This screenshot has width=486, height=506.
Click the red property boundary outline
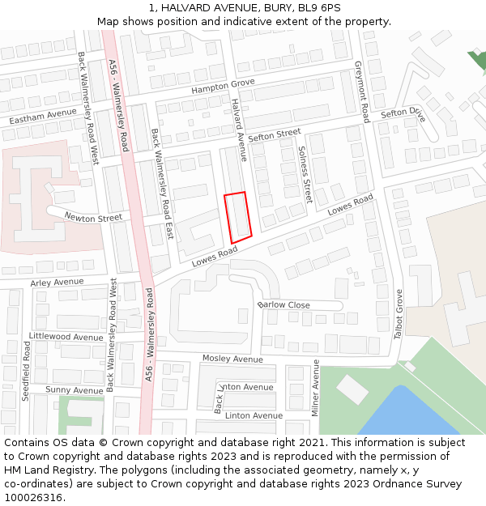pos(238,217)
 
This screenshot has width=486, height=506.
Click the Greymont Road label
pos(361,91)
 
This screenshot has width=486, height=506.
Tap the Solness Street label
pos(304,174)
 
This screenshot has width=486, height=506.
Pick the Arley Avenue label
pos(57,283)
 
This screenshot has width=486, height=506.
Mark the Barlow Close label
pos(283,305)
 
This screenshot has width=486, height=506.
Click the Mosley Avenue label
pos(232,359)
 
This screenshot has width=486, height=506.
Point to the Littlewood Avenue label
pos(66,337)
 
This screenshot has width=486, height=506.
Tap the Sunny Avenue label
pos(74,390)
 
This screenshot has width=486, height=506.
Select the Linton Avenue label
pos(254,416)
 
